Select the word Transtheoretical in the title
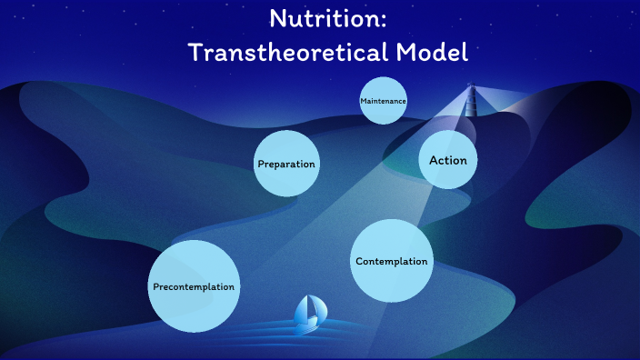click(x=287, y=53)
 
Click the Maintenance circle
click(x=383, y=100)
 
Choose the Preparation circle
click(x=286, y=164)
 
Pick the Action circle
click(x=447, y=160)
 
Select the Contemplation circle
click(x=391, y=261)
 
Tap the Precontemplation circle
click(x=194, y=286)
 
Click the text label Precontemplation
click(x=194, y=286)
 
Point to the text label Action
click(x=447, y=160)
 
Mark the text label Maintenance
click(x=383, y=100)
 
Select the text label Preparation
click(x=286, y=165)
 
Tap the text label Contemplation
click(x=391, y=262)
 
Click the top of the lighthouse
click(x=471, y=87)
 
